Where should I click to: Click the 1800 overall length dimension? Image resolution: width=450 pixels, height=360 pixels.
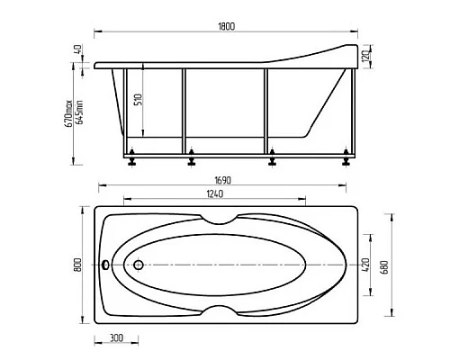pos(227,26)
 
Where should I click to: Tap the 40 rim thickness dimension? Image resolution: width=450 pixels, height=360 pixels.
pos(77,49)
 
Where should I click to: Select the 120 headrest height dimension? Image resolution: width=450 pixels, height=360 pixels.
pos(365,56)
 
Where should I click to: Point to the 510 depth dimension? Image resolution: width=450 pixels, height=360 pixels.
pos(139,100)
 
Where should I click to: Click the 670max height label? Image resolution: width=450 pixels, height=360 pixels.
pos(68,113)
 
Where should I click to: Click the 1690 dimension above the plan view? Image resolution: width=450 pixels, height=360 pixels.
pos(223,180)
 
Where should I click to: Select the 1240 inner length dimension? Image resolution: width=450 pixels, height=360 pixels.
pos(215,193)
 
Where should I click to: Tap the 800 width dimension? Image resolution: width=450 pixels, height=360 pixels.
pos(76,265)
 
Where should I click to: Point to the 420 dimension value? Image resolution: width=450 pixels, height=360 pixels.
pos(366,265)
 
